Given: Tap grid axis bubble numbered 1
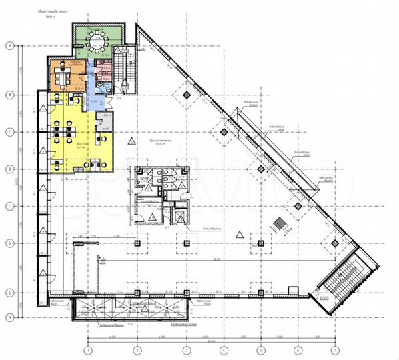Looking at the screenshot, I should [87, 349].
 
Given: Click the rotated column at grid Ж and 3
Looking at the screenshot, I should [185, 97].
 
